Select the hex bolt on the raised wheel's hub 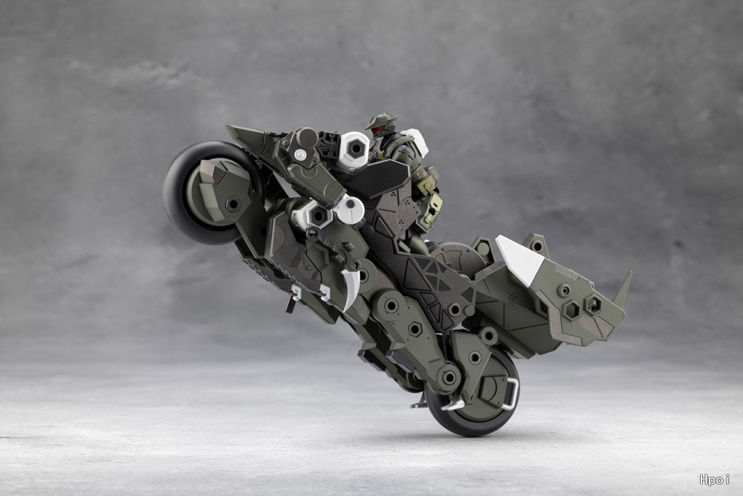pos(232,204)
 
